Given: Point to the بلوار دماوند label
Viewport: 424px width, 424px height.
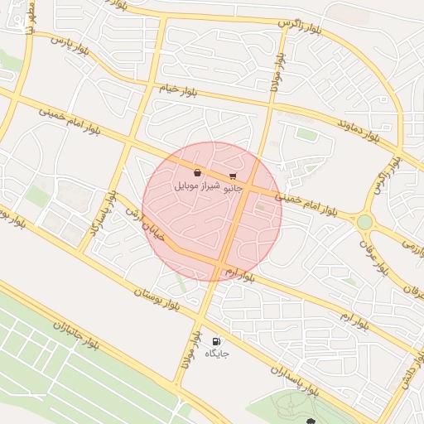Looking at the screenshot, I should tap(358, 128).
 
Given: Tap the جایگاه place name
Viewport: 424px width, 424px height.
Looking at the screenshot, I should tap(216, 354).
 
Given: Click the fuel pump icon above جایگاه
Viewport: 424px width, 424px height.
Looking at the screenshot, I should tap(216, 340).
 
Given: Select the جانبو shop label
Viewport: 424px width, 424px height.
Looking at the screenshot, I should tap(234, 188).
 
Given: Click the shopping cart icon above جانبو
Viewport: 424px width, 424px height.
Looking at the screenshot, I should tap(233, 176).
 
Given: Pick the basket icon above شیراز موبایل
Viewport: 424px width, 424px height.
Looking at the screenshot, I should tap(197, 172).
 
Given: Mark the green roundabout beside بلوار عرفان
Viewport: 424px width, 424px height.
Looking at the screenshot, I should tap(364, 222).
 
